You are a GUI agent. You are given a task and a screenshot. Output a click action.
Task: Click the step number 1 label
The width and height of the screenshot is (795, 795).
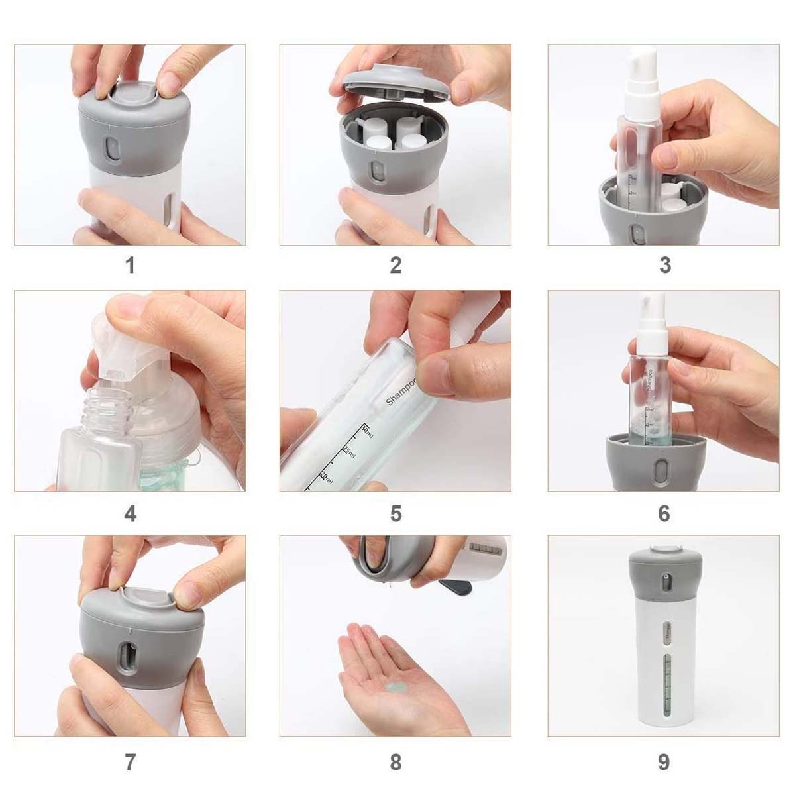click(131, 266)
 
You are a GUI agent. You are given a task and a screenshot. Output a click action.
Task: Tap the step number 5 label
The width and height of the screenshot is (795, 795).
click(396, 513)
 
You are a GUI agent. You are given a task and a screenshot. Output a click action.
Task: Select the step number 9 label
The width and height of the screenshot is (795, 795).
click(664, 762)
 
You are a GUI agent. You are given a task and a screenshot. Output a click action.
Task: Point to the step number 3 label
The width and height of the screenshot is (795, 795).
click(665, 266)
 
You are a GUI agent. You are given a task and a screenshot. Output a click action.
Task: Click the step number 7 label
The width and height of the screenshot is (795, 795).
click(131, 762)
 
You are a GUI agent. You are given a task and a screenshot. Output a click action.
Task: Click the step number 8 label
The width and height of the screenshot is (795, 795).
click(396, 762)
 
